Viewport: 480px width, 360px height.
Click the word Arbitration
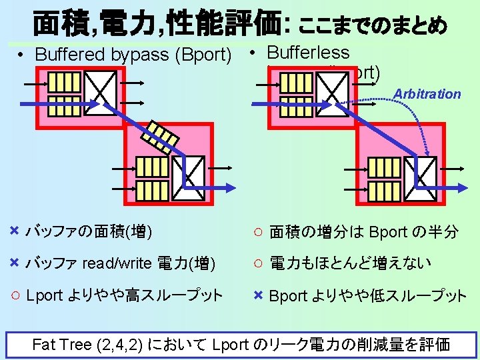427,94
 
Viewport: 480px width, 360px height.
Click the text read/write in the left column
117,263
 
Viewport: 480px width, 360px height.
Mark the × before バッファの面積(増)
14,231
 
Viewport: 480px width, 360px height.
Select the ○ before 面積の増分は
257,232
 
